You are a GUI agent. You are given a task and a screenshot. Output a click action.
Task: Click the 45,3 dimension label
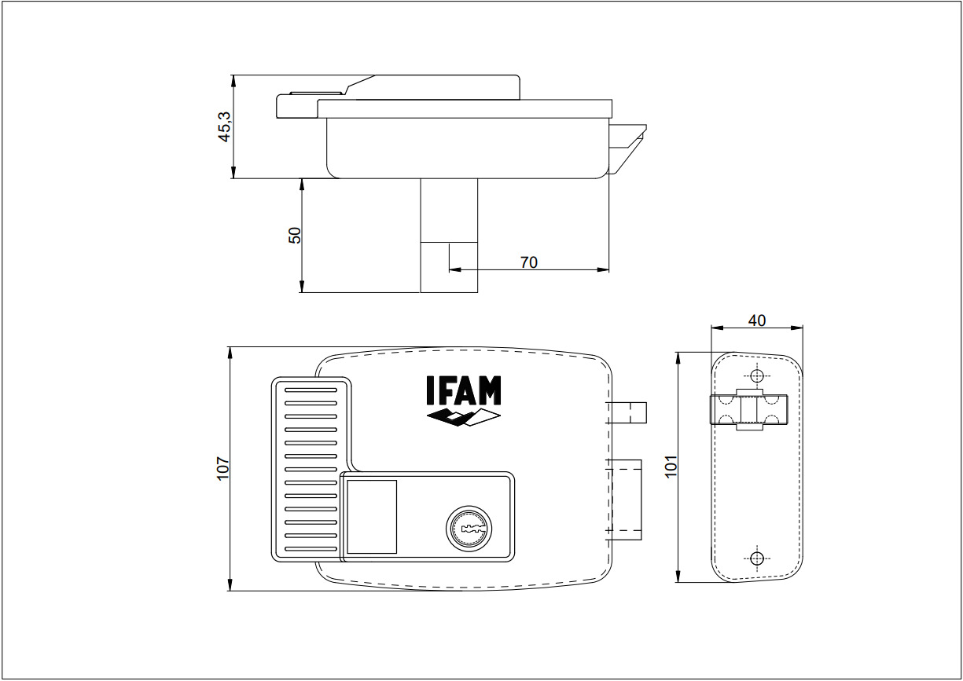(x=225, y=127)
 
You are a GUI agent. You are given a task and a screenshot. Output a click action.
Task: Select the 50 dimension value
(x=295, y=235)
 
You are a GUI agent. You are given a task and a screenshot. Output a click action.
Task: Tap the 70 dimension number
(x=529, y=262)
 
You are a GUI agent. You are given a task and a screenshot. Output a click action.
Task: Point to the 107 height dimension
(x=222, y=468)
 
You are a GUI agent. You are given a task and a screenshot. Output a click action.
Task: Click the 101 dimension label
(x=671, y=467)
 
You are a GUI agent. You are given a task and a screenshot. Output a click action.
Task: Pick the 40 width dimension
(x=756, y=320)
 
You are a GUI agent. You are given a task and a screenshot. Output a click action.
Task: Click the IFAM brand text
(x=463, y=390)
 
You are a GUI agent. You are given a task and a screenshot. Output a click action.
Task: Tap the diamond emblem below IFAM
(x=463, y=417)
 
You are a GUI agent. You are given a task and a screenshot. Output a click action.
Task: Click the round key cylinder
(x=469, y=529)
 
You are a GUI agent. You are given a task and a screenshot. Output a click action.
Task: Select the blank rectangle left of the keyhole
(x=372, y=517)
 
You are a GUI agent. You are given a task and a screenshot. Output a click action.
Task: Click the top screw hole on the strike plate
(x=756, y=375)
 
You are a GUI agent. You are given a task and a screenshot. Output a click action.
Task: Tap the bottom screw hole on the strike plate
(x=756, y=558)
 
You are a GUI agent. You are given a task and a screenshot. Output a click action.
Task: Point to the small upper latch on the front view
(x=627, y=412)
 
